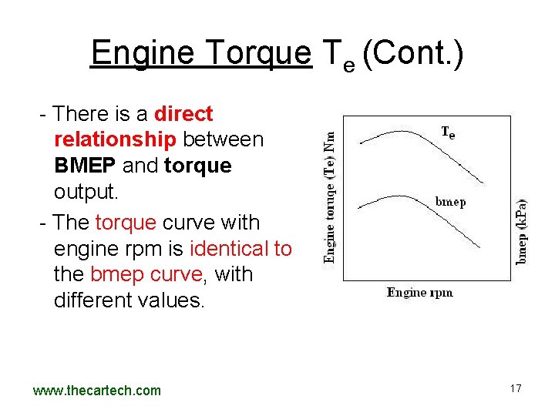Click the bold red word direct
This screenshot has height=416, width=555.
183,114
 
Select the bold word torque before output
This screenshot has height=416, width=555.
198,166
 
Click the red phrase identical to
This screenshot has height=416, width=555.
240,249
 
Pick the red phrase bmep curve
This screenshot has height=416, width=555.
149,274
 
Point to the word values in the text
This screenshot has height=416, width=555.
176,300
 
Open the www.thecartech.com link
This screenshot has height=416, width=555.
97,391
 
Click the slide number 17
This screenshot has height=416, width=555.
516,388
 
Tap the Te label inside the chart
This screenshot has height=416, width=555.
448,133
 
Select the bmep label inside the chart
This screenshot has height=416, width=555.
451,202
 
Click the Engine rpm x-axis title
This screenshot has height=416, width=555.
419,292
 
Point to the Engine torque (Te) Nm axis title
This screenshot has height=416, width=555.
330,196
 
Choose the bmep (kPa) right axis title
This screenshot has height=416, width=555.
522,232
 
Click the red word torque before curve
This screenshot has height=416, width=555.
126,223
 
